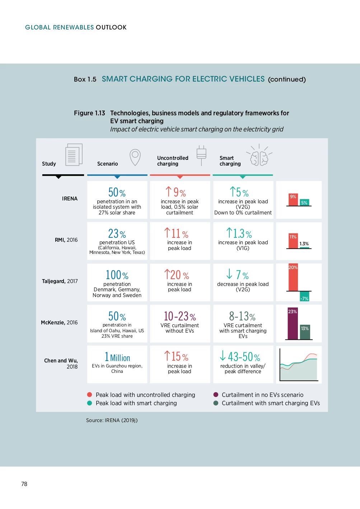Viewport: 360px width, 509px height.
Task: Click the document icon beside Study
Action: (x=74, y=155)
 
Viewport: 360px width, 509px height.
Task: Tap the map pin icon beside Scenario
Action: (x=135, y=157)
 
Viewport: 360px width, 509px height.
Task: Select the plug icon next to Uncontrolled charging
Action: (x=201, y=155)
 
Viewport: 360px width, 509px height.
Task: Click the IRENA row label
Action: (x=70, y=199)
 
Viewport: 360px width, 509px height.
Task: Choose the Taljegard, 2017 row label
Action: (x=60, y=281)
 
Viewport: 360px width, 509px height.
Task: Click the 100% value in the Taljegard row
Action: (x=117, y=275)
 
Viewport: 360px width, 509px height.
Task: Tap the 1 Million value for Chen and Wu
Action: (x=117, y=357)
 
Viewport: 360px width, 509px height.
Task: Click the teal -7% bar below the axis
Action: (x=304, y=296)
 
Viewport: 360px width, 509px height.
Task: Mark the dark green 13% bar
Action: (x=305, y=332)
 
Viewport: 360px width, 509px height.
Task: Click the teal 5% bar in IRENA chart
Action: (x=304, y=203)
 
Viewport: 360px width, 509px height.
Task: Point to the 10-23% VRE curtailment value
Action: (x=179, y=316)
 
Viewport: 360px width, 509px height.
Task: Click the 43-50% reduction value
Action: (x=240, y=357)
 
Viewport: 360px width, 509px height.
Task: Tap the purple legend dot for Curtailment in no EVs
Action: (x=216, y=395)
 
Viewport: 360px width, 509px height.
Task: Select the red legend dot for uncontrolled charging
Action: (x=90, y=395)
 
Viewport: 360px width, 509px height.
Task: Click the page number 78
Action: (x=24, y=484)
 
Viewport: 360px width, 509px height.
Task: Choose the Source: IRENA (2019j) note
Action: (x=112, y=420)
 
